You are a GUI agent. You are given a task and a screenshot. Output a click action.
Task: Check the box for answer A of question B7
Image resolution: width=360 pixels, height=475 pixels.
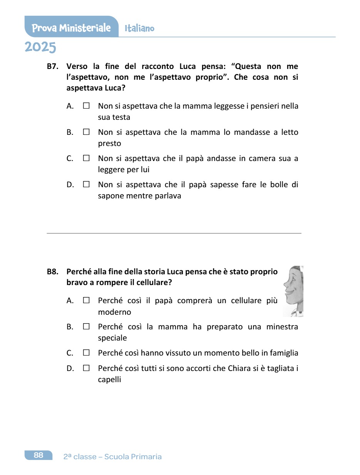coord(86,106)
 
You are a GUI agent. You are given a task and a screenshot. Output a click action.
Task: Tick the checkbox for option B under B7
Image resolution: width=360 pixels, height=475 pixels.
coord(86,132)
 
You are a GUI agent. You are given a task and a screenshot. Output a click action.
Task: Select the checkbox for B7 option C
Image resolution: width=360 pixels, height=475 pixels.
coord(86,158)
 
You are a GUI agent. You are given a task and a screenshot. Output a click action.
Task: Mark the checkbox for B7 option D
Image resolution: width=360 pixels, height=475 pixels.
coord(86,185)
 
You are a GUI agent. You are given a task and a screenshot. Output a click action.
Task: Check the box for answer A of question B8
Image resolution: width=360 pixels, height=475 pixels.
coord(86,300)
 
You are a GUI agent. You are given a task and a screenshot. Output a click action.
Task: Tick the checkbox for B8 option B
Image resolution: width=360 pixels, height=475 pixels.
coord(86,327)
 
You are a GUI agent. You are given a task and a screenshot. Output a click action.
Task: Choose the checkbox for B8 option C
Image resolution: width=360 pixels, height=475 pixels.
coord(86,353)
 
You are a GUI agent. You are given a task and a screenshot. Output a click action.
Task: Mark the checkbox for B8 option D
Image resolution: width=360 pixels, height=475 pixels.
coord(86,368)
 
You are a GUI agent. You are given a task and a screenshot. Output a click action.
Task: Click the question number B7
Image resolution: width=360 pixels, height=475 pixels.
coord(52,67)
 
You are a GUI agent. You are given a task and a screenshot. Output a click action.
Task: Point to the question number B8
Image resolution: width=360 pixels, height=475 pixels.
coord(52,272)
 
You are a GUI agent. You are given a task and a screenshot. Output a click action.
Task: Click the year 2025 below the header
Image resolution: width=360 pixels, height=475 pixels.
coord(40,47)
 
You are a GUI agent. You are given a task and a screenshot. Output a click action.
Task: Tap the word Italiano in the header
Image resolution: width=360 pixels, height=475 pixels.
coord(139,29)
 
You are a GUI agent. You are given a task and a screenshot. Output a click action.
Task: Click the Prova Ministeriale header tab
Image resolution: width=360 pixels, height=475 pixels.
coord(71,28)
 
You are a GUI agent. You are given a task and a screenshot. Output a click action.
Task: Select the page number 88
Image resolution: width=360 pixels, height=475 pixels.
coord(39,455)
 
